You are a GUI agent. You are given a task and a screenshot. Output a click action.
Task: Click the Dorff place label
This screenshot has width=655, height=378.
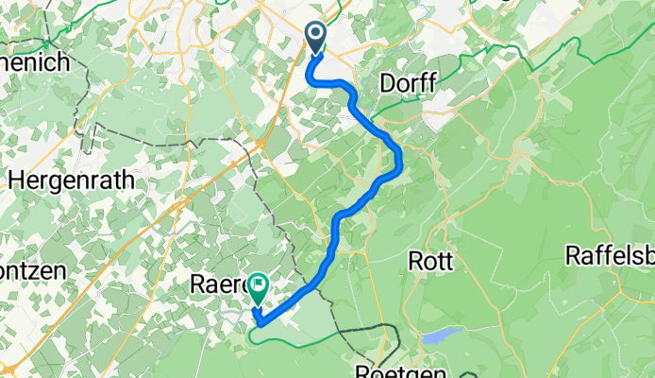tap(408, 84)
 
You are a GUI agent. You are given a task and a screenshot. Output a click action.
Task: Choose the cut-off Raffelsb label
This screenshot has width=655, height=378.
tap(610, 255)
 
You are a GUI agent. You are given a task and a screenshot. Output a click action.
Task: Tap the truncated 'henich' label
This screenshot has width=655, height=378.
tap(36, 64)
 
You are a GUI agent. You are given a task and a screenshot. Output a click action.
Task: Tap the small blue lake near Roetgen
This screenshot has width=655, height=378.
tap(440, 335)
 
